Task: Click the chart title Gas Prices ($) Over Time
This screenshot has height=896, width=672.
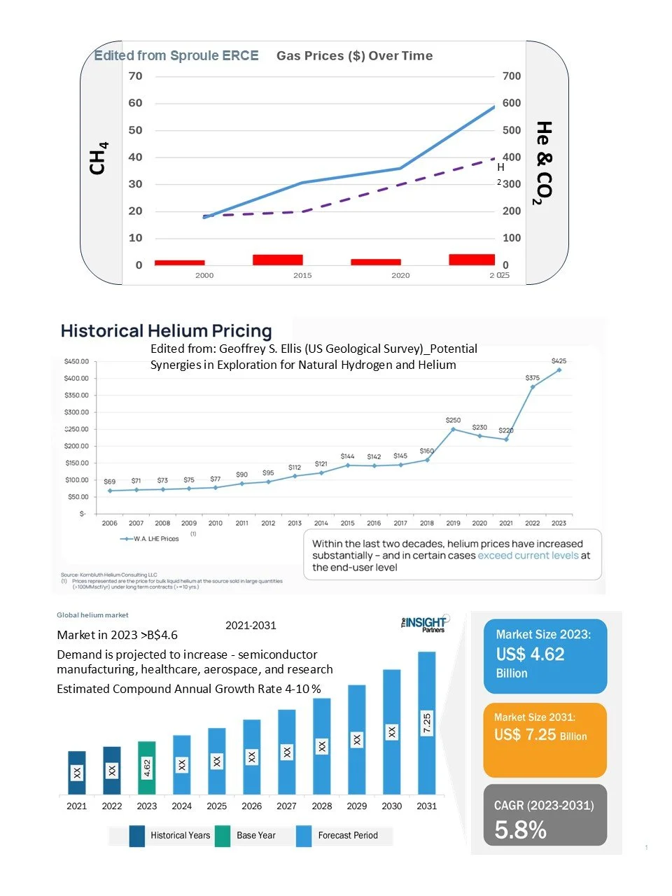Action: tap(354, 56)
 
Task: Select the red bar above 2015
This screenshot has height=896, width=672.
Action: tap(277, 260)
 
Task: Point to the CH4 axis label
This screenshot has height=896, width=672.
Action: tap(98, 158)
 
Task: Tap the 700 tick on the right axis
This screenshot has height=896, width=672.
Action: tap(511, 76)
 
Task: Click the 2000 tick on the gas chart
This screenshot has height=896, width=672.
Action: tap(204, 275)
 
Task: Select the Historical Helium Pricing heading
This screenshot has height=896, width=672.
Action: tap(166, 331)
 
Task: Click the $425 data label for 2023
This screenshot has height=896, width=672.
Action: tap(559, 361)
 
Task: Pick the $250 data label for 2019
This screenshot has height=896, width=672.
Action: tap(453, 420)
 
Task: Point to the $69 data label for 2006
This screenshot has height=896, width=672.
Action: tap(109, 482)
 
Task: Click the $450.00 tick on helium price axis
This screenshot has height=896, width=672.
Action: tap(76, 362)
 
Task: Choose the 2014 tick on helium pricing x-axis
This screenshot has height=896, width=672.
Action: tap(321, 523)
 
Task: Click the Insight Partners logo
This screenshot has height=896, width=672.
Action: tap(425, 623)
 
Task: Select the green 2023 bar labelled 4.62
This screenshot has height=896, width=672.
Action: tap(147, 767)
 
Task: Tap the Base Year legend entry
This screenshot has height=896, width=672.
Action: tap(255, 835)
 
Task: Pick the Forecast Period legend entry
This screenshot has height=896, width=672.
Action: tap(347, 835)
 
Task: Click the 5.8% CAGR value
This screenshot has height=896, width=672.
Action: tap(520, 830)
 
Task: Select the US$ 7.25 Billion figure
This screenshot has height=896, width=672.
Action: tap(540, 735)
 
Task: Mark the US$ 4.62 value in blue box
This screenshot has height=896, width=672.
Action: tap(530, 654)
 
